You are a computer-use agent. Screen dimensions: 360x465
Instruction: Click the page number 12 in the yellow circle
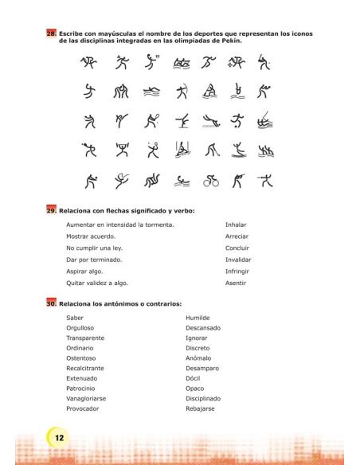point(59,436)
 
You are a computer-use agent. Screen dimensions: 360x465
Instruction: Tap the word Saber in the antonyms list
point(74,317)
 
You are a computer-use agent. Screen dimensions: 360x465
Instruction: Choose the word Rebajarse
point(201,409)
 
